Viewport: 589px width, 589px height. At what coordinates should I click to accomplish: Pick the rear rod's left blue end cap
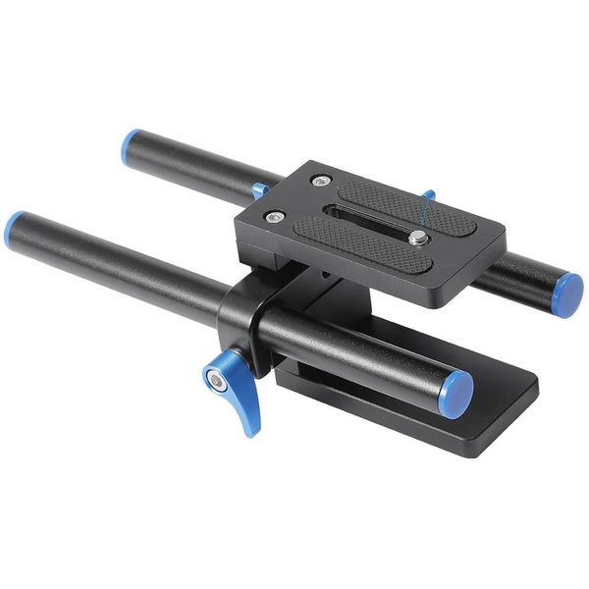(132, 147)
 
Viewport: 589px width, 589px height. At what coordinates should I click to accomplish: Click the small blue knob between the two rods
(260, 190)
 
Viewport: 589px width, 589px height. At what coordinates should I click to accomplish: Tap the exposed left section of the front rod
(118, 270)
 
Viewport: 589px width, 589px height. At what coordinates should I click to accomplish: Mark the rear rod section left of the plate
(196, 169)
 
